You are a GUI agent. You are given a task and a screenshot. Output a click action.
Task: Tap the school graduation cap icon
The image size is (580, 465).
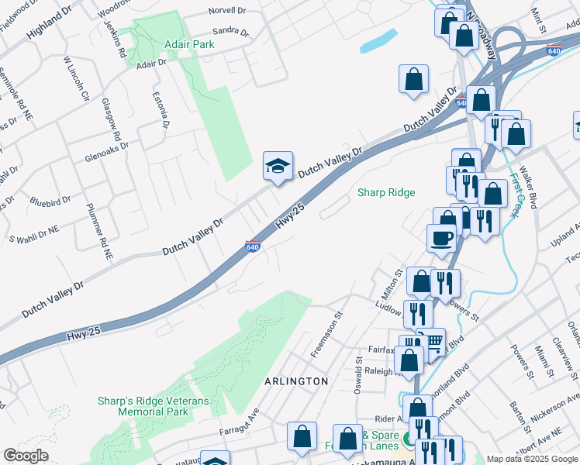tap(278, 166)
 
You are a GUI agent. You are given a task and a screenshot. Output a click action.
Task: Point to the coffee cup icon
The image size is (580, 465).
tap(441, 237)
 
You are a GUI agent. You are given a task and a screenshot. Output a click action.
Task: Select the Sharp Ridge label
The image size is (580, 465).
tap(386, 192)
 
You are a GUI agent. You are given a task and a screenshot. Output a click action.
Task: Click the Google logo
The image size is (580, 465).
tap(26, 456)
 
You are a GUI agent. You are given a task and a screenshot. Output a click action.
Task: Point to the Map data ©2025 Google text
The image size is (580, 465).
tap(532, 459)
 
